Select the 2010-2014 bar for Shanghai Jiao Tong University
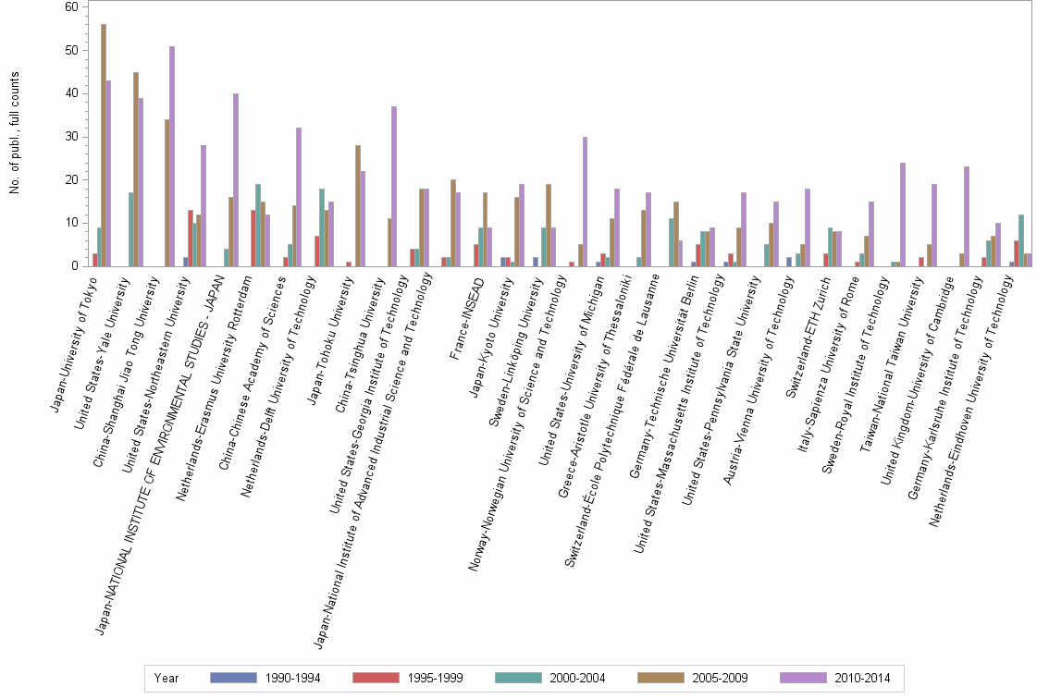pos(172,156)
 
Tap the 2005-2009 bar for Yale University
pos(136,169)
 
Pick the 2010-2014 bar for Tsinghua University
pos(394,186)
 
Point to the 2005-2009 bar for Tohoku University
pos(358,205)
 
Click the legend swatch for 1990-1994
pos(233,678)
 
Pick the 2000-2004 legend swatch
pos(519,678)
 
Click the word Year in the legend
pos(167,678)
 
